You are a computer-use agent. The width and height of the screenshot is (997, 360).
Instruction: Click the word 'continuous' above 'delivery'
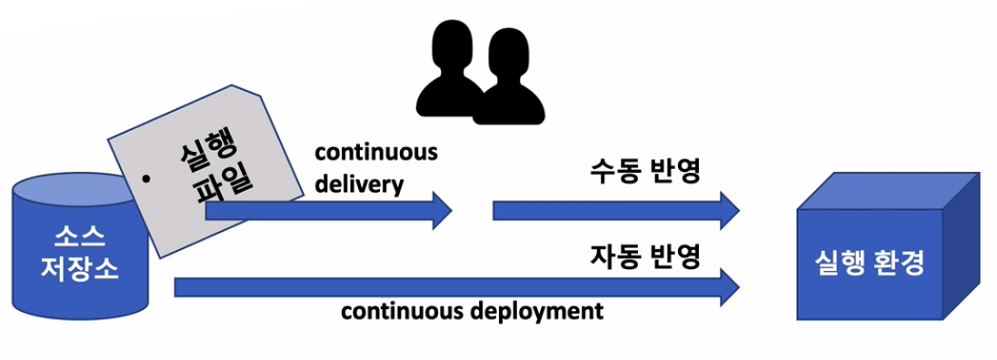tap(375, 152)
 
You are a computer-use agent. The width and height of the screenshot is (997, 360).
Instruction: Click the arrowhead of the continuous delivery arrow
tap(442, 211)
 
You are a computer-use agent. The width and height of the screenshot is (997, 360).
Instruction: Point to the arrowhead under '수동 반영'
tap(728, 211)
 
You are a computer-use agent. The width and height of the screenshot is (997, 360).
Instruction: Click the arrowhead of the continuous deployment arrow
tap(728, 287)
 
